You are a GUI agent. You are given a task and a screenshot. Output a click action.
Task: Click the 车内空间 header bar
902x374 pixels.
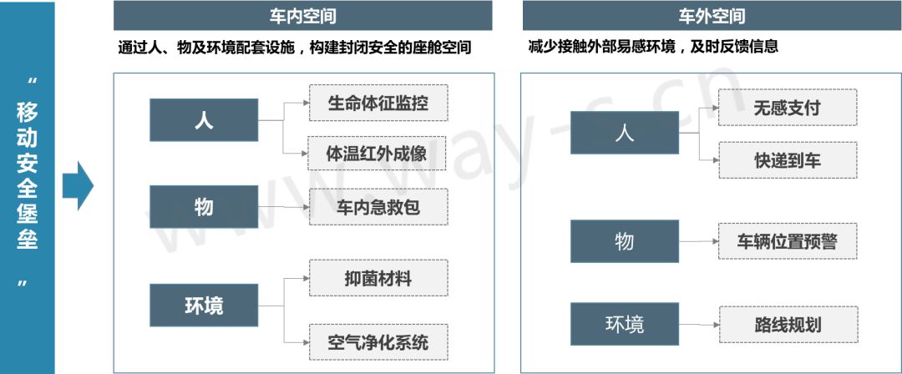(304, 16)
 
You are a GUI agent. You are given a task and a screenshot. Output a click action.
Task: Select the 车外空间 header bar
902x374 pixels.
(712, 16)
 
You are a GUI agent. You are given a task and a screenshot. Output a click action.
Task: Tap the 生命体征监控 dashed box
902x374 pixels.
(378, 103)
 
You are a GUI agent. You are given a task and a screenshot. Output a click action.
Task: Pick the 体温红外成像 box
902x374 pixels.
(378, 154)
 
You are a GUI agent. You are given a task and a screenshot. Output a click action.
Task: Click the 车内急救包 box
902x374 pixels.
(378, 206)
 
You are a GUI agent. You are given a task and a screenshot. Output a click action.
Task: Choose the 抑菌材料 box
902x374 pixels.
(378, 278)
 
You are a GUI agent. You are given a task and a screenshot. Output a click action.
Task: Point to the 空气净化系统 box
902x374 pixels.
(378, 341)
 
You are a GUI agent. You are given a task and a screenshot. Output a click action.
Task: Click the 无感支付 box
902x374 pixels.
(787, 108)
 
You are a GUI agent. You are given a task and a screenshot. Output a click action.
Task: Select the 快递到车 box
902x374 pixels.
(787, 159)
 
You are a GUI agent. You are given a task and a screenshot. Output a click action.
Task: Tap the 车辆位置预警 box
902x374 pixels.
(787, 241)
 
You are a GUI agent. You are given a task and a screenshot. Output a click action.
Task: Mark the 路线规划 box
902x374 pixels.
(787, 324)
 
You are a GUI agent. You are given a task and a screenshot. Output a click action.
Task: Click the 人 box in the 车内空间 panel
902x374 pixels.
(204, 120)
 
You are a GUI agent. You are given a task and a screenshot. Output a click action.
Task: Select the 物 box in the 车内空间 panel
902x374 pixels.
(204, 206)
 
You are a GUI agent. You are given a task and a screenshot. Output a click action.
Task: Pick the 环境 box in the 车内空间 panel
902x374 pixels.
(204, 305)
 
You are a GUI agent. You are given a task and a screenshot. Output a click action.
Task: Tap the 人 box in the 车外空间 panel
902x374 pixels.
(625, 133)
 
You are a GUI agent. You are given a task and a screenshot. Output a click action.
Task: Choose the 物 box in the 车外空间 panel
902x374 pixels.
(625, 241)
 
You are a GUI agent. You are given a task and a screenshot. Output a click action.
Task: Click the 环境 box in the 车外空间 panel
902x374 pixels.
(625, 324)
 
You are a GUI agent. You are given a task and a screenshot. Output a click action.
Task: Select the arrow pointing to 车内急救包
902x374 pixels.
(284, 206)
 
